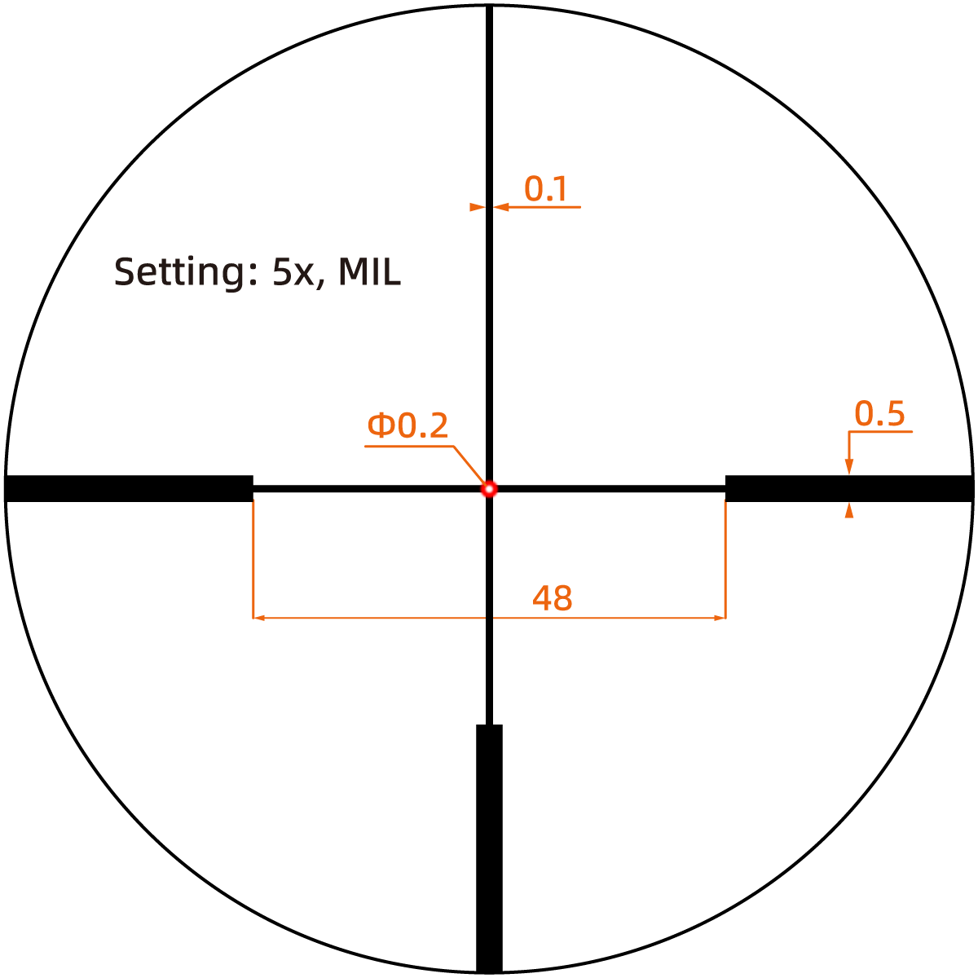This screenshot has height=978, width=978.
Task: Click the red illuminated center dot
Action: pyautogui.click(x=489, y=489)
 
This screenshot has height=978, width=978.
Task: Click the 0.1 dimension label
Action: pyautogui.click(x=545, y=189)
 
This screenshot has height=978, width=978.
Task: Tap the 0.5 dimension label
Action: pyautogui.click(x=879, y=413)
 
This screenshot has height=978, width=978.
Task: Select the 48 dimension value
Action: pyautogui.click(x=553, y=598)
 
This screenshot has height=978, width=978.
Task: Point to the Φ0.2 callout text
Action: pyautogui.click(x=407, y=425)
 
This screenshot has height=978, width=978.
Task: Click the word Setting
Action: pyautogui.click(x=180, y=272)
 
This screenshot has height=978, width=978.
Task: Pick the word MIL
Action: pyautogui.click(x=369, y=271)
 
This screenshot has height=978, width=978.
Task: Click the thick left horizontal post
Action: pyautogui.click(x=129, y=488)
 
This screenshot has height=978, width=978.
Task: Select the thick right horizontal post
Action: pyautogui.click(x=849, y=488)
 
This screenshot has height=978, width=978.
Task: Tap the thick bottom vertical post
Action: pyautogui.click(x=489, y=848)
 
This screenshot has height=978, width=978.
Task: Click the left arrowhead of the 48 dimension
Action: pyautogui.click(x=259, y=618)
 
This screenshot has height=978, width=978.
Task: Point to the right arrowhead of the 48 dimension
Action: pyautogui.click(x=720, y=618)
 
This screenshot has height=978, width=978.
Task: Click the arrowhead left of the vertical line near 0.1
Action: pyautogui.click(x=478, y=207)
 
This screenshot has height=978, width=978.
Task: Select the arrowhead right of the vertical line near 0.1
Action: pyautogui.click(x=501, y=207)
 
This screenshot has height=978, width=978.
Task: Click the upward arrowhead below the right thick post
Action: pyautogui.click(x=848, y=509)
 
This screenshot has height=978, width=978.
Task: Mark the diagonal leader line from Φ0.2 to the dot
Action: pyautogui.click(x=469, y=465)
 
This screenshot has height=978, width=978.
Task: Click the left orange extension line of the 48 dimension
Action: pyautogui.click(x=253, y=560)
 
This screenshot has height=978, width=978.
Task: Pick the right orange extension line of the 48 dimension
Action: pyautogui.click(x=726, y=560)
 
